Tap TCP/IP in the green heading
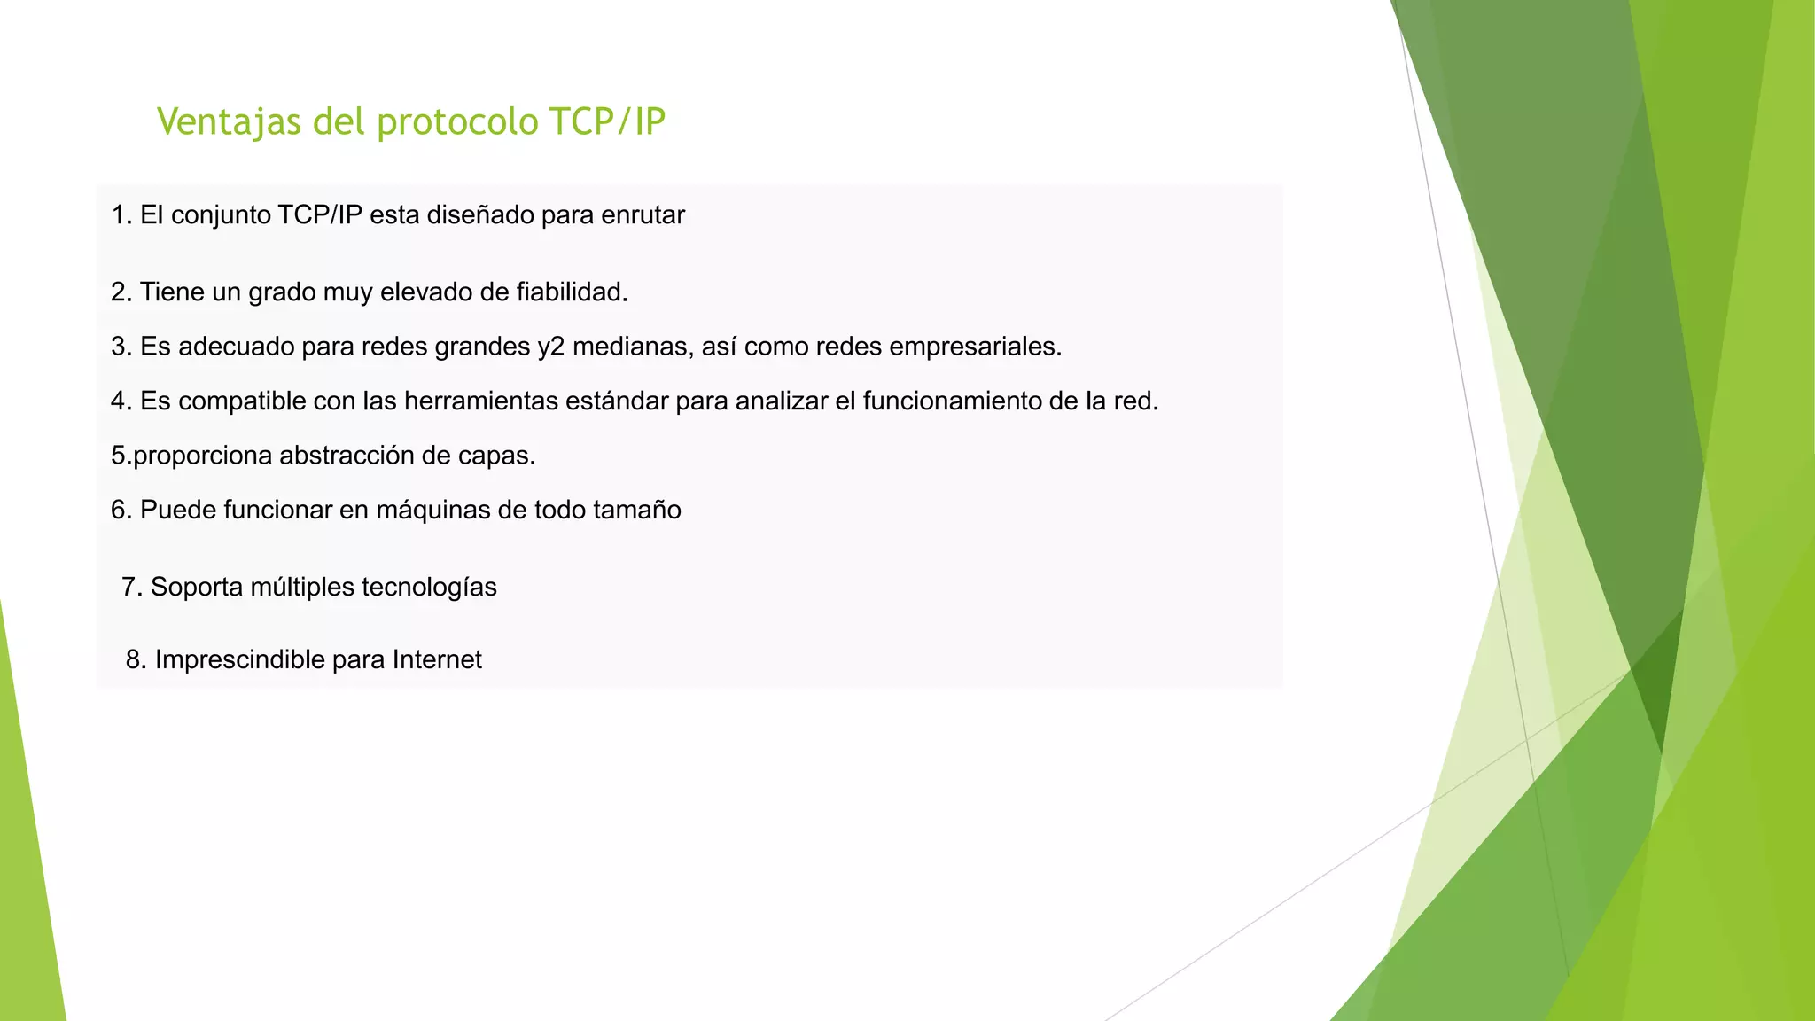tap(607, 122)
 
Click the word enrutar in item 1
tap(643, 215)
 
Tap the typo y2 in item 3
tap(550, 347)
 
